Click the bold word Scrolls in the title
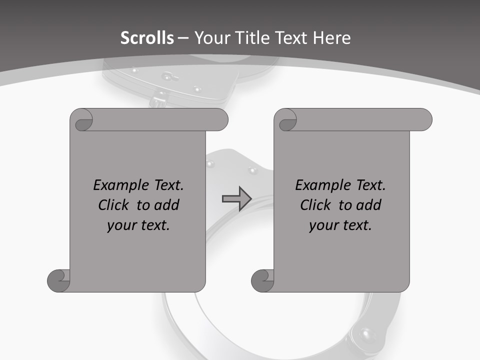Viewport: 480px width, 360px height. click(x=147, y=38)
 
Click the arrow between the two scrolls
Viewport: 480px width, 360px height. click(x=236, y=198)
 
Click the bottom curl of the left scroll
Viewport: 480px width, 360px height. click(x=59, y=280)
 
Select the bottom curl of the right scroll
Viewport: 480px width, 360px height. click(x=263, y=280)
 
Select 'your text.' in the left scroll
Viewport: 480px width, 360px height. click(x=138, y=225)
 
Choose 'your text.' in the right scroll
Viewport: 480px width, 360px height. click(x=340, y=225)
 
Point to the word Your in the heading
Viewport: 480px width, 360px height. click(x=210, y=38)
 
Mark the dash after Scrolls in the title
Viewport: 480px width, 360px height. click(x=183, y=38)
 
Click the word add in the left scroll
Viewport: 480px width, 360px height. click(x=166, y=205)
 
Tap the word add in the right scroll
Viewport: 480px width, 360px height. click(x=368, y=205)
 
